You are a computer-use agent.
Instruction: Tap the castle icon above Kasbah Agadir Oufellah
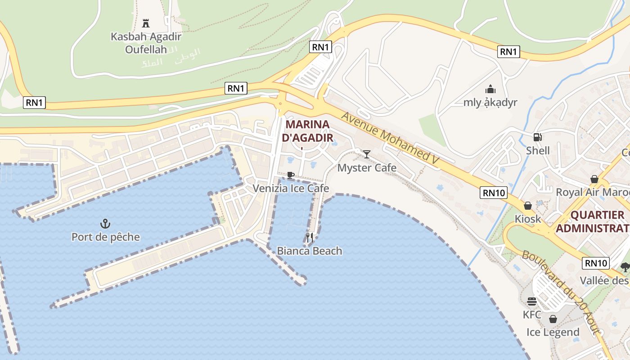tap(145, 23)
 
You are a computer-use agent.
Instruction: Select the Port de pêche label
tap(106, 237)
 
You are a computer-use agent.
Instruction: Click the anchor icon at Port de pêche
tap(105, 223)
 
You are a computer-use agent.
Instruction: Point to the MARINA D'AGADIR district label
tap(308, 131)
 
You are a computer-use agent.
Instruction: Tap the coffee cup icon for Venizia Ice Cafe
tap(291, 175)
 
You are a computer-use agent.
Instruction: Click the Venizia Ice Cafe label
tap(291, 188)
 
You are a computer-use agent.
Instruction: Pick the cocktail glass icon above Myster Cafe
tap(367, 154)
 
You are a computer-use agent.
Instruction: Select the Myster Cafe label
tap(367, 168)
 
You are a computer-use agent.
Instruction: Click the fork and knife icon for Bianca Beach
tap(310, 237)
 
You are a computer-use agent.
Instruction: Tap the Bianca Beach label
tap(310, 251)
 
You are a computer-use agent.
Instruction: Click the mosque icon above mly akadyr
tap(490, 89)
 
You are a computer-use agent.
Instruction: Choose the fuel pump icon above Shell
tap(537, 137)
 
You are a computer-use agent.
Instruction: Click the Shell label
tap(538, 150)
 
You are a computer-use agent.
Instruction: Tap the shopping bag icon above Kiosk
tap(528, 206)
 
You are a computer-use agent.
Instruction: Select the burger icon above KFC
tap(532, 301)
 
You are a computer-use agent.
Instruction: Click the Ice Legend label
tap(553, 333)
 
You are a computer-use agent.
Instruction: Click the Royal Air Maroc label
tap(592, 192)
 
